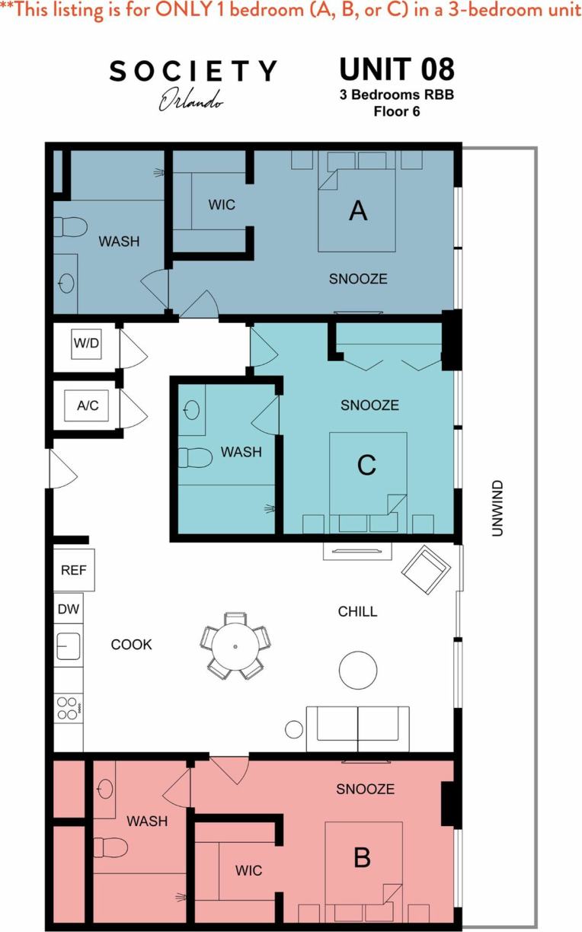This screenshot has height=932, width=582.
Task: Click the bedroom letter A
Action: click(x=358, y=211)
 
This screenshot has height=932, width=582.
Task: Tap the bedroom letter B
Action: click(x=363, y=857)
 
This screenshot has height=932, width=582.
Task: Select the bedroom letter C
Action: click(x=366, y=465)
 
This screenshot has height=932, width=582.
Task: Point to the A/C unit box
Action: click(x=88, y=405)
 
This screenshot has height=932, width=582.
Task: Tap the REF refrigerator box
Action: click(x=73, y=569)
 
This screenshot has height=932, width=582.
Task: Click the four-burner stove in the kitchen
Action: click(x=68, y=709)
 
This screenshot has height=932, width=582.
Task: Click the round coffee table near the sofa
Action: click(x=357, y=670)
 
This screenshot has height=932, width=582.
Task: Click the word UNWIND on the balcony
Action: click(x=497, y=508)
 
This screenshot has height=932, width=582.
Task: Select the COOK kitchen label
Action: click(x=132, y=645)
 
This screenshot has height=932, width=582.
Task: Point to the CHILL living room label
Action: click(x=358, y=612)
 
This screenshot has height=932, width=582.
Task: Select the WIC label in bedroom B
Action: click(x=248, y=870)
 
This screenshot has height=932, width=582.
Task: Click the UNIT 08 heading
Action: click(x=397, y=69)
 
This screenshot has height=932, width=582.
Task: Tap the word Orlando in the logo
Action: click(x=190, y=100)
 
